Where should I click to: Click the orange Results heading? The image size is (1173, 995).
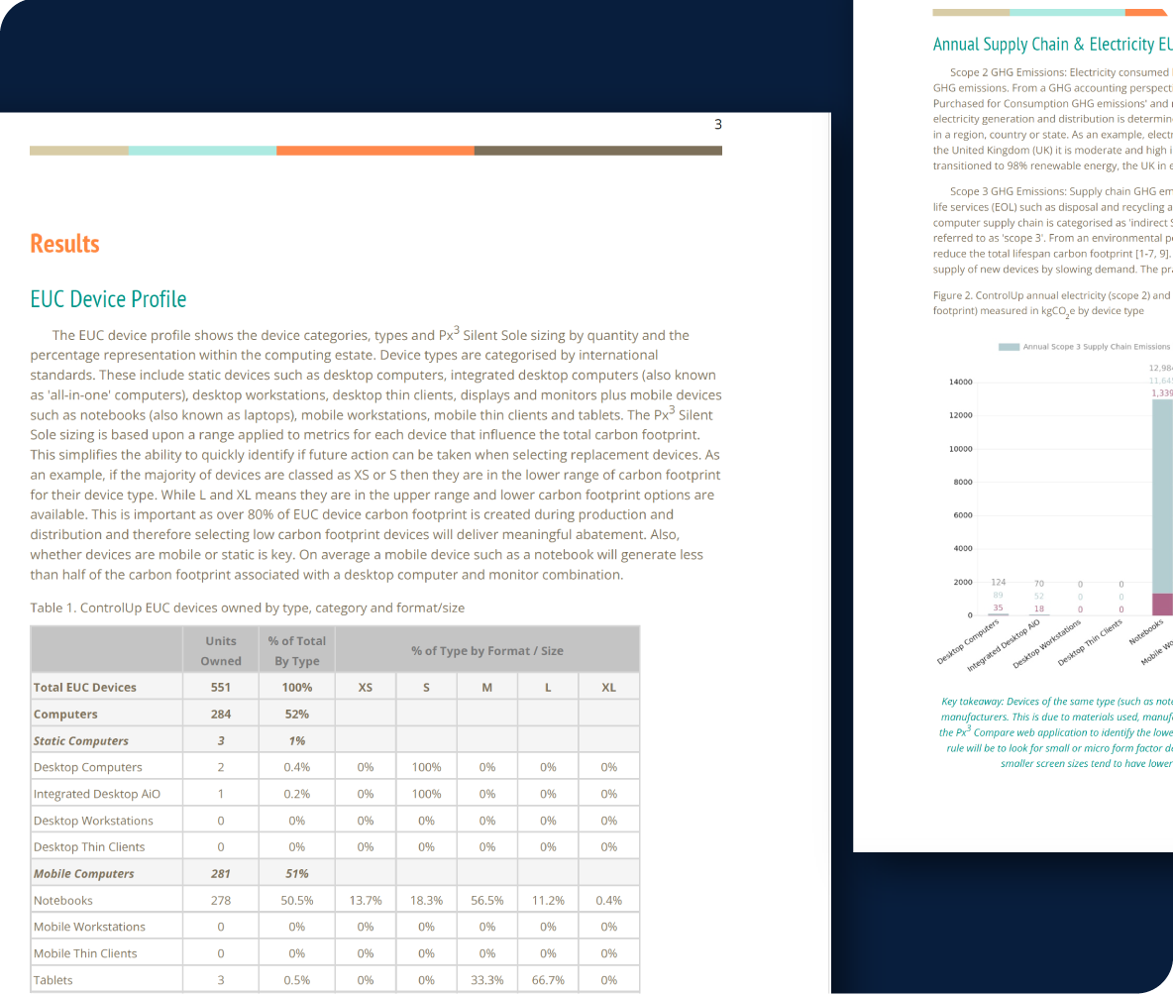click(x=65, y=244)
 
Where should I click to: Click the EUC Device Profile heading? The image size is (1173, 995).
click(x=108, y=299)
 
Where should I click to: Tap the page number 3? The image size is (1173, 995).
click(x=718, y=125)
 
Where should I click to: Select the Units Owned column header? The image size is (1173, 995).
click(x=221, y=651)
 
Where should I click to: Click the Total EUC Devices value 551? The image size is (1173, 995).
click(x=221, y=687)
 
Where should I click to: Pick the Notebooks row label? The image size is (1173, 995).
click(x=63, y=900)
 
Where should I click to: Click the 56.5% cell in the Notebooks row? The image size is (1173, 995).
click(x=487, y=900)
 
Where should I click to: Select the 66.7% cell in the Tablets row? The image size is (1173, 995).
click(x=548, y=980)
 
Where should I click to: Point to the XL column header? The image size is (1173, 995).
click(x=608, y=687)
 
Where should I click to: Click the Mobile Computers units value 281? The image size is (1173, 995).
click(x=221, y=873)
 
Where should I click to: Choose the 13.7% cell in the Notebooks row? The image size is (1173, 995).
click(x=366, y=900)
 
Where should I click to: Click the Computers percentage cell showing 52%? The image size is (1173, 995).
click(x=296, y=714)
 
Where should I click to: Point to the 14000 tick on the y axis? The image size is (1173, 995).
click(x=960, y=383)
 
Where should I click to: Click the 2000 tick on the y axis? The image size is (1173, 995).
click(x=963, y=582)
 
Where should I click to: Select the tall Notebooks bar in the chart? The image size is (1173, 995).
click(x=1162, y=496)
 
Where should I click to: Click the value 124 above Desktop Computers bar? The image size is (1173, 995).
click(x=999, y=582)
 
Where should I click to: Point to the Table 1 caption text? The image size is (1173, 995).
click(x=248, y=608)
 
